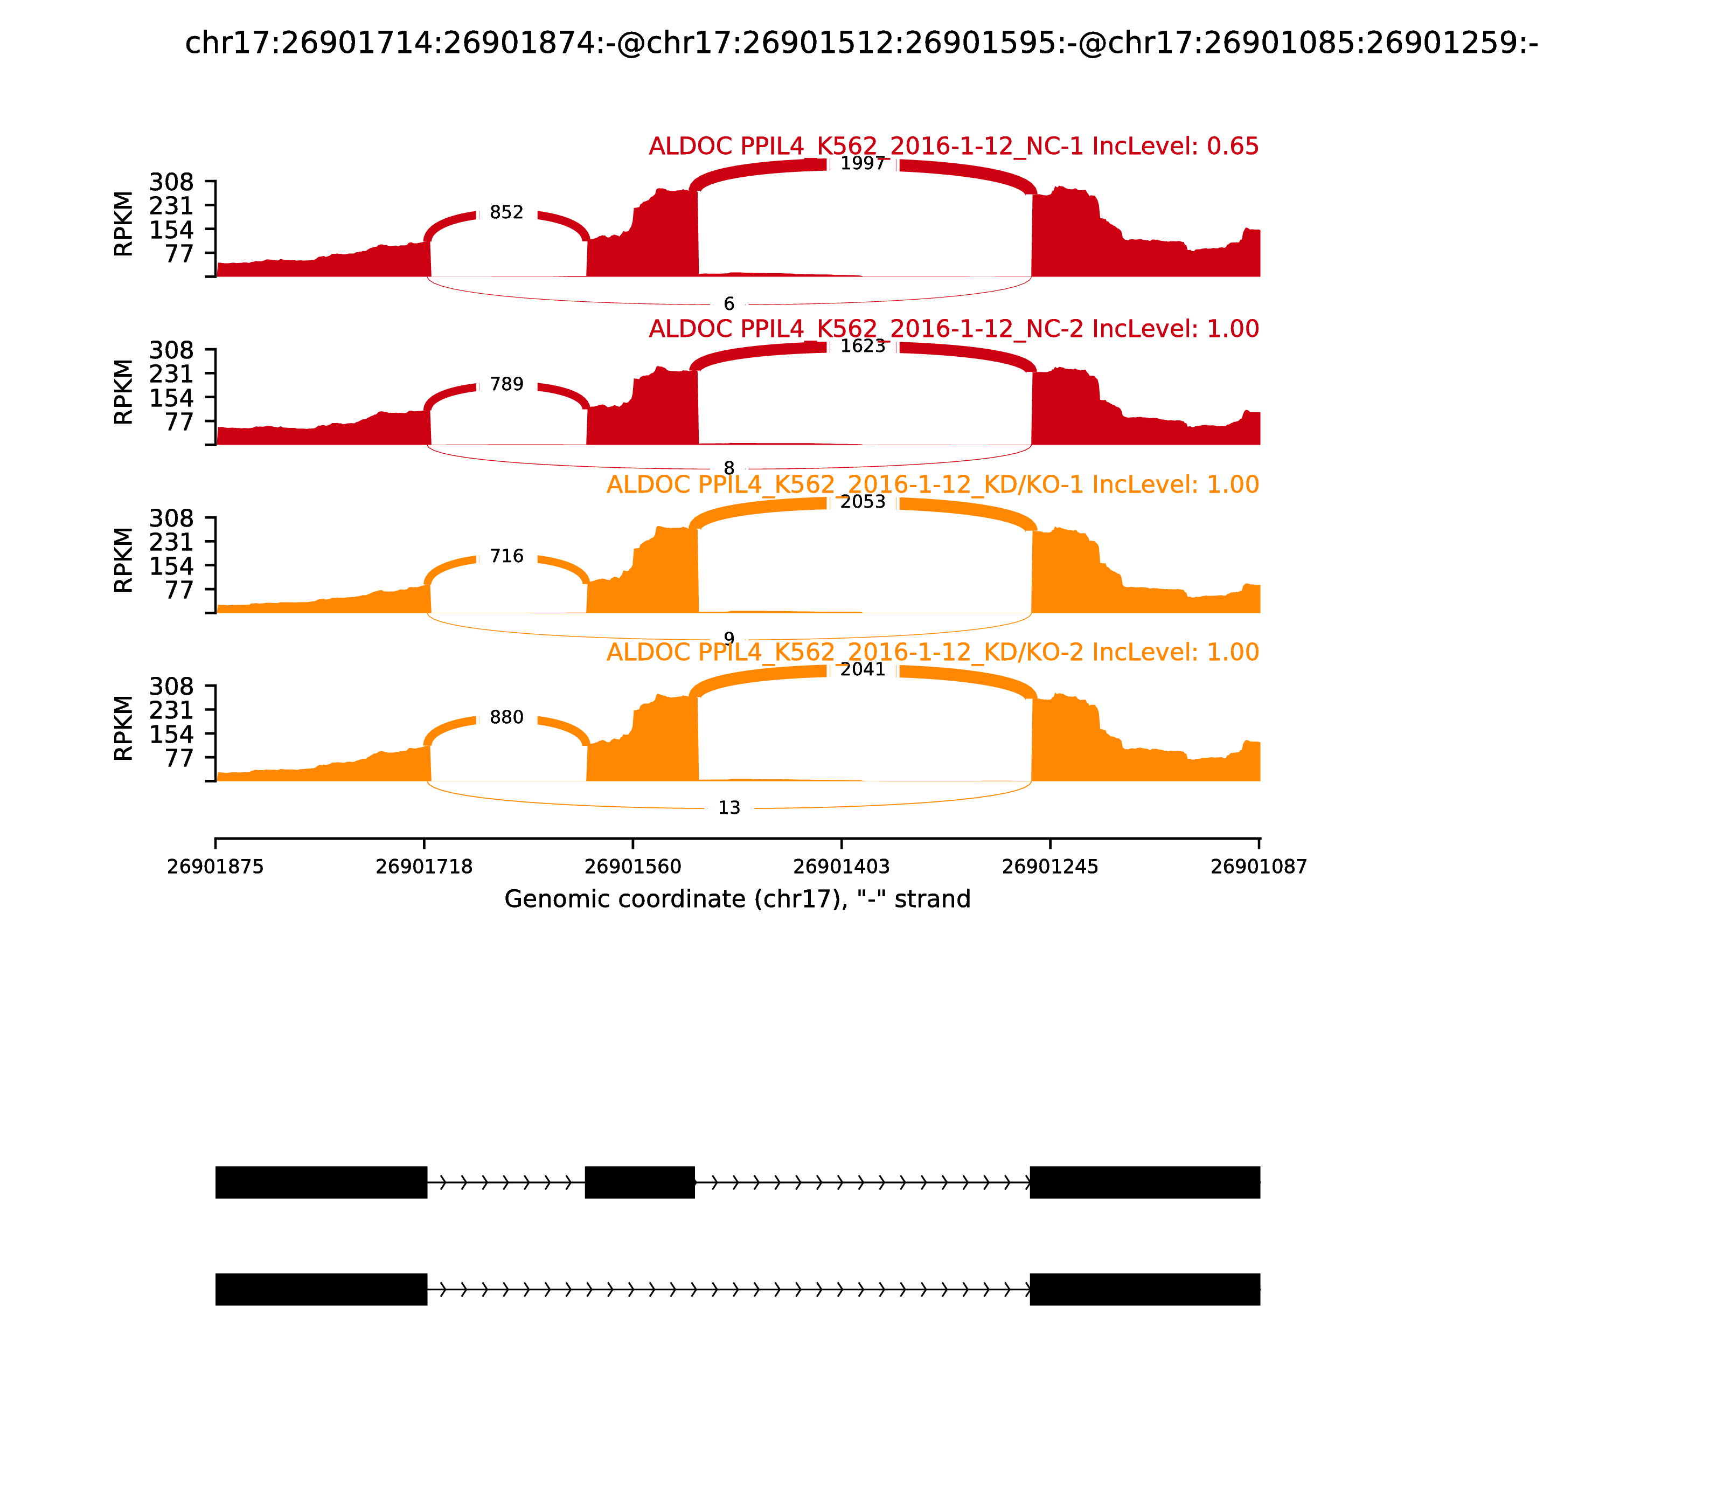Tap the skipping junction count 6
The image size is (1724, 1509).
point(729,304)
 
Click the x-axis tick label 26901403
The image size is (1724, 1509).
point(841,867)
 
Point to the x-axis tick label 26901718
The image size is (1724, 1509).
point(423,867)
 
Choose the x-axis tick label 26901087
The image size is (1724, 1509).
point(1259,867)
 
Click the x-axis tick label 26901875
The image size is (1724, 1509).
point(215,867)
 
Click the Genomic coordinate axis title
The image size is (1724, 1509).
point(738,899)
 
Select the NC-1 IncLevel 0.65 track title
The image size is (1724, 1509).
point(953,147)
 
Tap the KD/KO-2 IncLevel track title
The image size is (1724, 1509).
point(933,653)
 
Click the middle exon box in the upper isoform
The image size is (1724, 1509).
point(640,1182)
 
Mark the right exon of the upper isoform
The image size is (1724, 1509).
point(1145,1182)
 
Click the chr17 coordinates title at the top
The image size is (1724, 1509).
point(861,43)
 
